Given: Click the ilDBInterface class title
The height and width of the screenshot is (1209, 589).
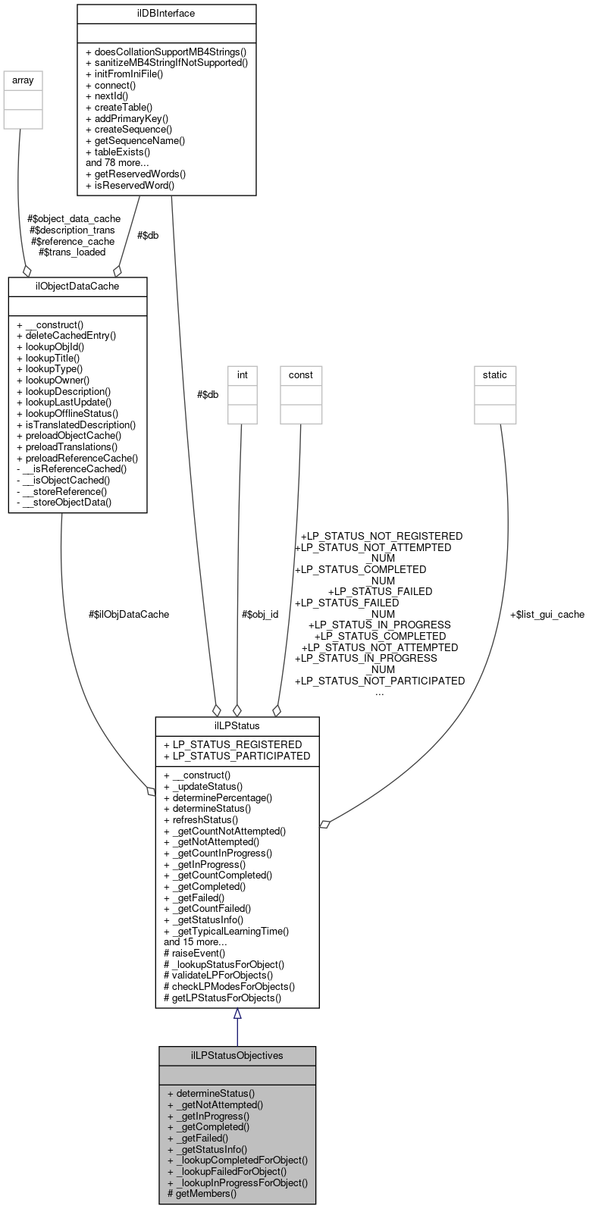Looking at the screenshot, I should click(x=166, y=14).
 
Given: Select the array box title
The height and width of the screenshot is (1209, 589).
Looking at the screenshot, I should click(x=23, y=80).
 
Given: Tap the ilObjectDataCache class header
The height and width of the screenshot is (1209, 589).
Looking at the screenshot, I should click(x=77, y=287).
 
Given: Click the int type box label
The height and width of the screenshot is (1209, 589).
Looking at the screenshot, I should click(x=243, y=374).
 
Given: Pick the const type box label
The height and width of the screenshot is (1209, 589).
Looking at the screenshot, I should click(x=301, y=374).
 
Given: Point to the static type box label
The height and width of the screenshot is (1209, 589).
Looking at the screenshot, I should click(x=495, y=374).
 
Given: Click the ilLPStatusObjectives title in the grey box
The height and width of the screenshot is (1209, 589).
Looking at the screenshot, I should click(x=237, y=1055).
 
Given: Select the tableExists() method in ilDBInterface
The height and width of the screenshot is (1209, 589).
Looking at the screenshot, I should click(x=130, y=152).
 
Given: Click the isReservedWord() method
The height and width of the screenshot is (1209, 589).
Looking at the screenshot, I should click(x=130, y=184).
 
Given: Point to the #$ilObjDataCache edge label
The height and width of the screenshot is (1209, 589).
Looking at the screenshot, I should click(x=129, y=614).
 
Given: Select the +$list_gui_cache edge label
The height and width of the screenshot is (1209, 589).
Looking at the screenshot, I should click(x=547, y=614).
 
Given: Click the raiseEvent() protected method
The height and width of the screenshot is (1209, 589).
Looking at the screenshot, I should click(x=195, y=953).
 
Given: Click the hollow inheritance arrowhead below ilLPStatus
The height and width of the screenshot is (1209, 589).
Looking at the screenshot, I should click(x=237, y=1014).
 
